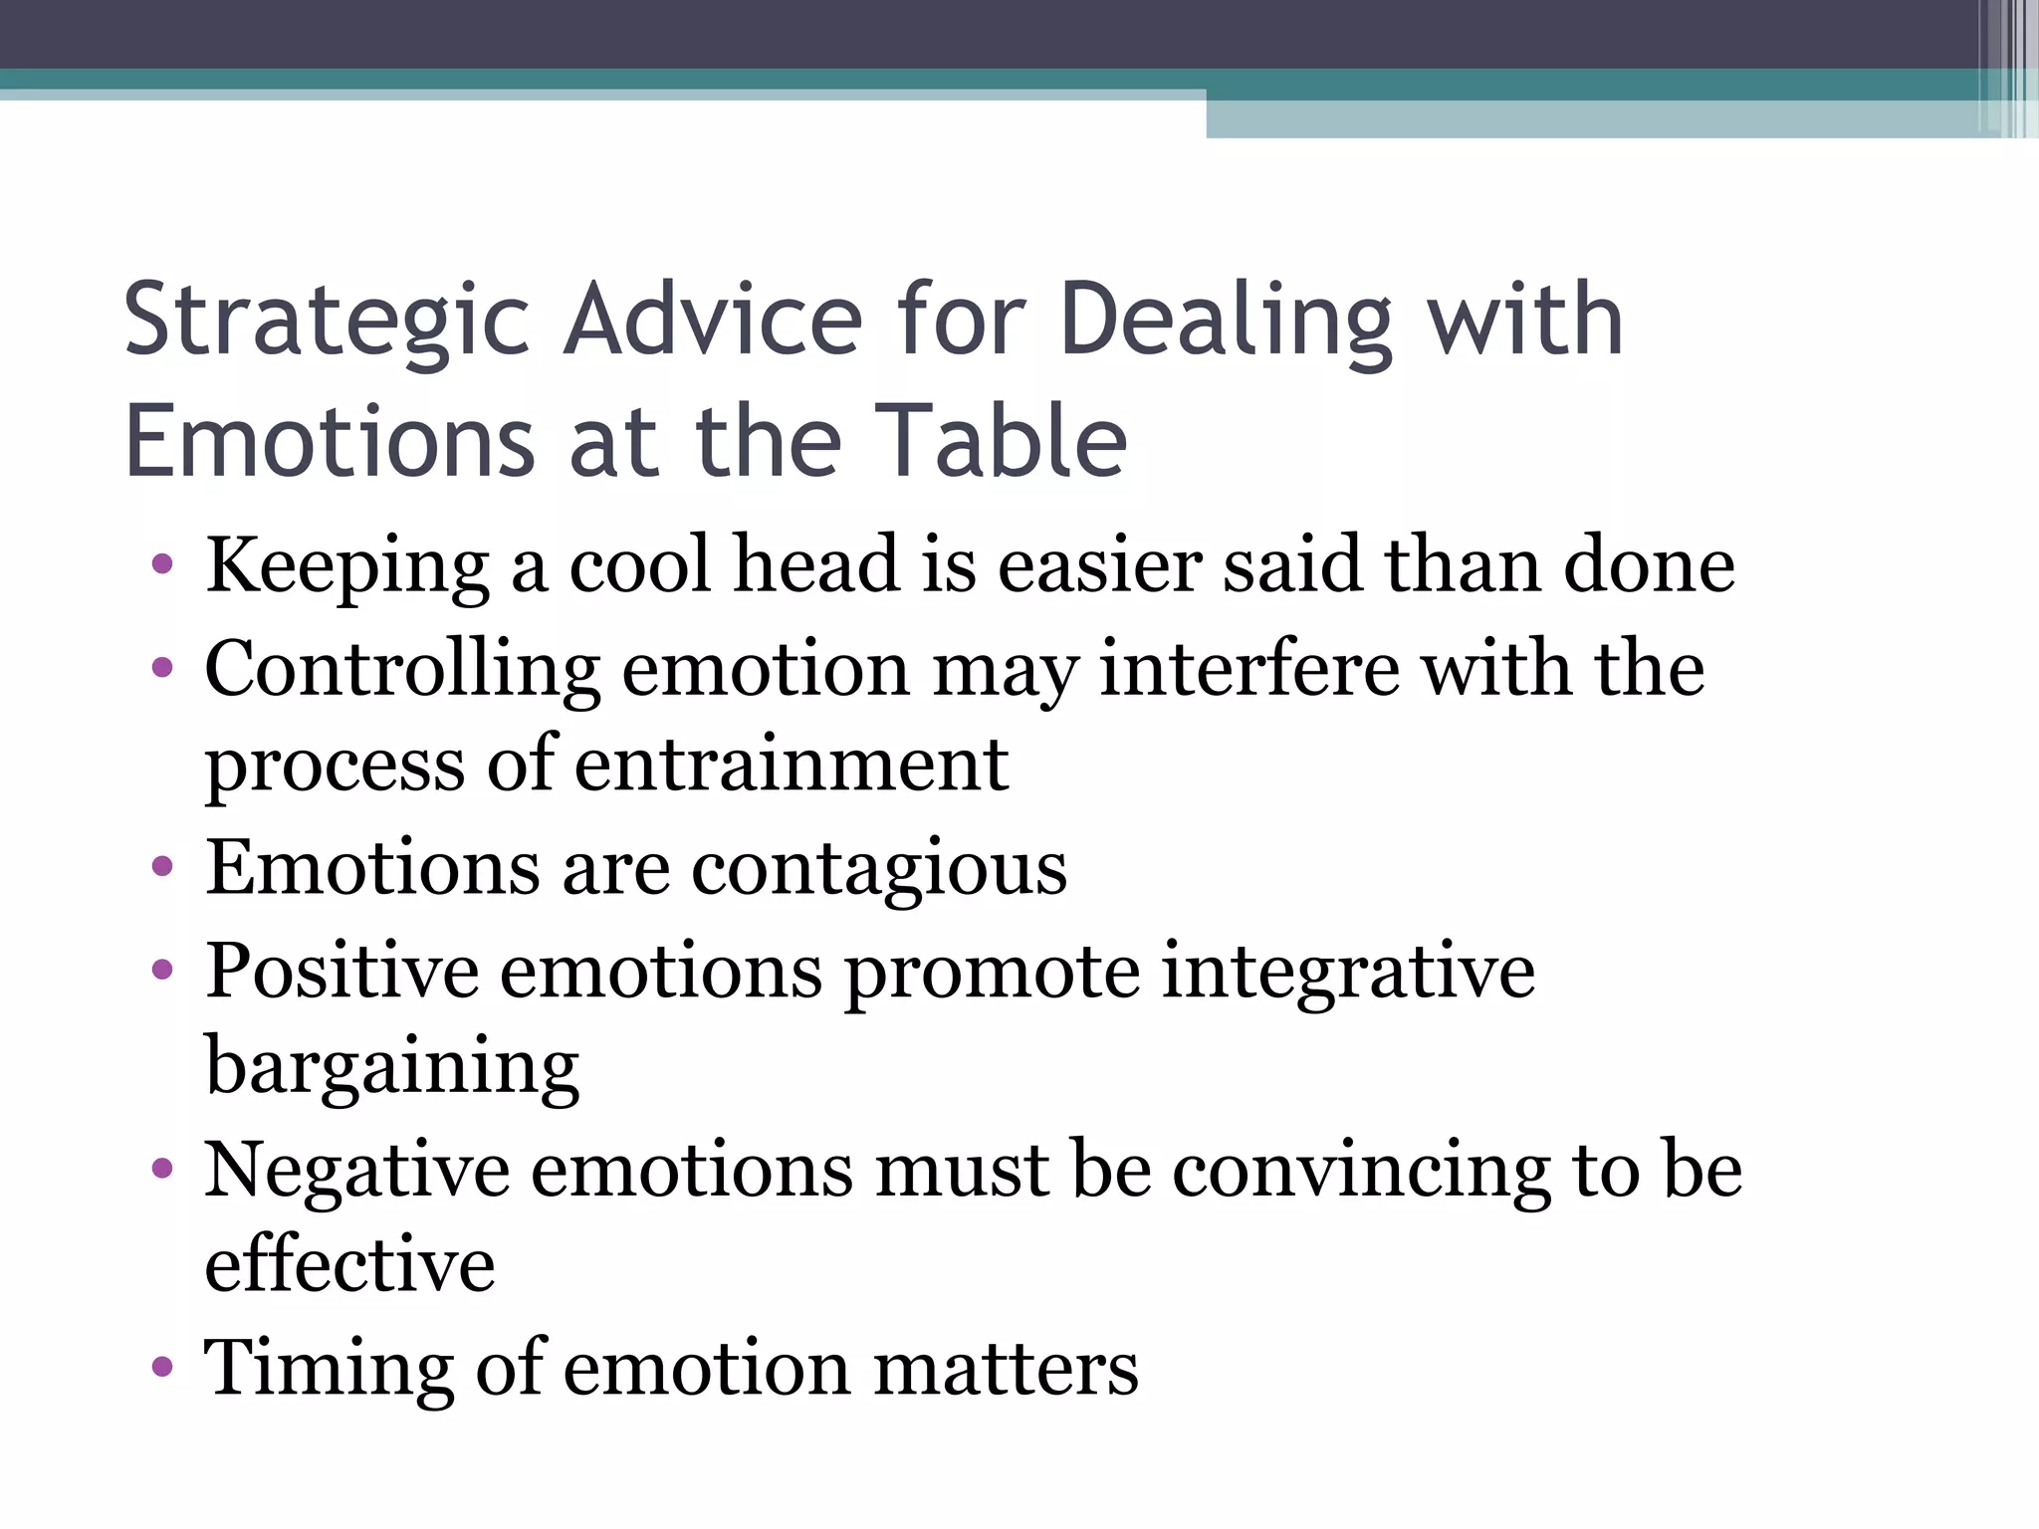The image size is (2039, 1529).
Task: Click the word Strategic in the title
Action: point(327,321)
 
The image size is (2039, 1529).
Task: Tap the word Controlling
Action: point(402,670)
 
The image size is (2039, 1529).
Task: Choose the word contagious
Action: point(879,869)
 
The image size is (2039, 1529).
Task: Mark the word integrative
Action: point(1348,972)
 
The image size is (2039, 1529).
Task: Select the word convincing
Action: point(1361,1171)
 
